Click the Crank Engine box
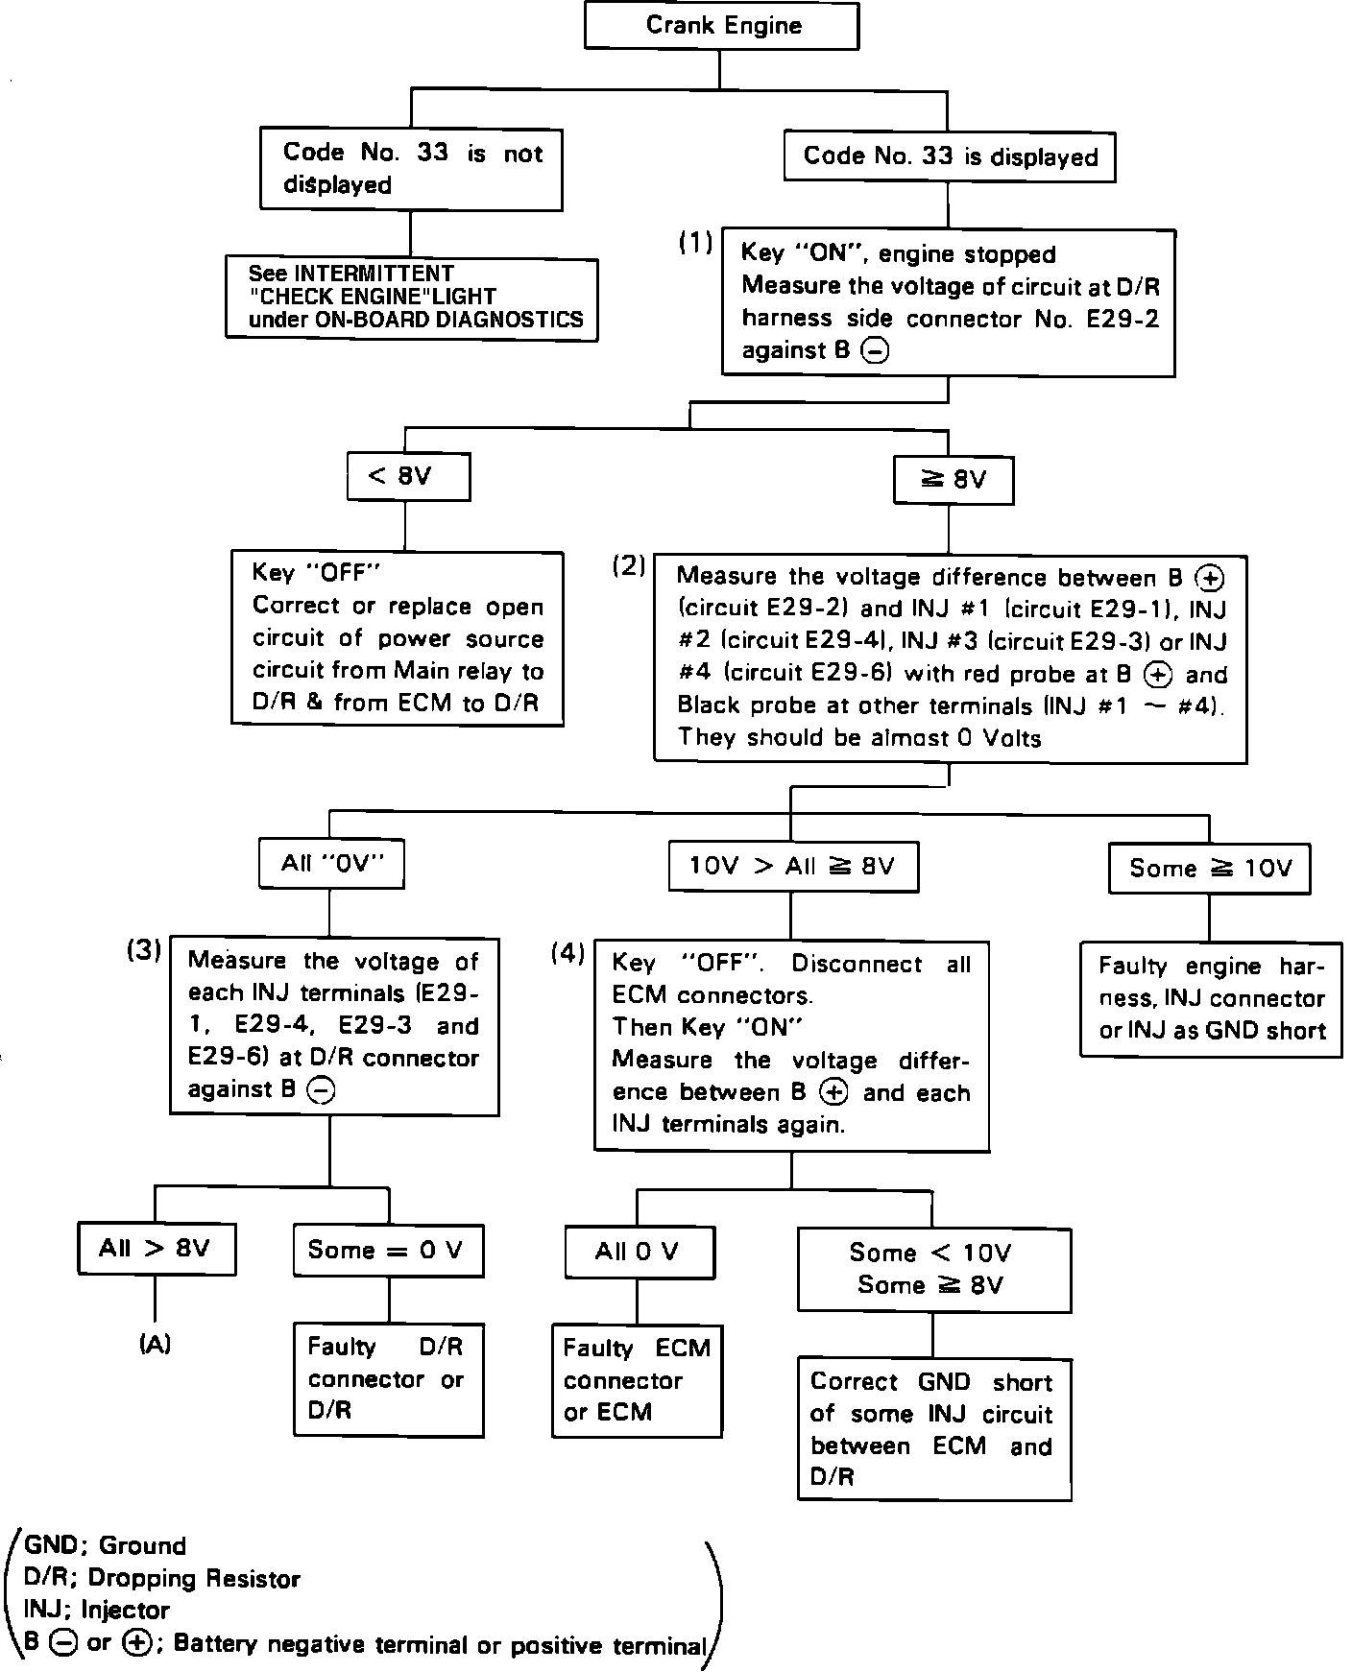[x=721, y=26]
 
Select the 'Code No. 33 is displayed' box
[x=949, y=156]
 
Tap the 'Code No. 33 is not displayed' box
[x=411, y=169]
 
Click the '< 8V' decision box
[x=408, y=477]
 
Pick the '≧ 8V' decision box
[x=953, y=480]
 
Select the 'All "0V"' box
[x=331, y=864]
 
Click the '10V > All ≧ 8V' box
[x=792, y=868]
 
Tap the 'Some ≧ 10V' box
[x=1209, y=869]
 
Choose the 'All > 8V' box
[x=156, y=1249]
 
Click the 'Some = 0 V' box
[x=388, y=1250]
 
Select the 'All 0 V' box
[x=639, y=1252]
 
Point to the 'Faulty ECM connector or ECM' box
[x=637, y=1380]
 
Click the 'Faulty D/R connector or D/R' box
[x=388, y=1379]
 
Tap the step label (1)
[x=695, y=244]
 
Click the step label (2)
[x=629, y=566]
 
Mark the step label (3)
[x=144, y=950]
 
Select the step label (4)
[x=567, y=953]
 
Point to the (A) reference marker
[x=155, y=1345]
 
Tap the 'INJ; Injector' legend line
[x=97, y=1610]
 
